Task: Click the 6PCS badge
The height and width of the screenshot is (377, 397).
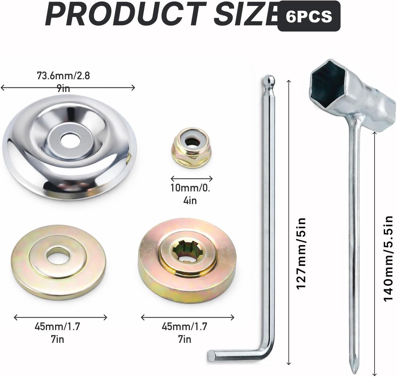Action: point(309,16)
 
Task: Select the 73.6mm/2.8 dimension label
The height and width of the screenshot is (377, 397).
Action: point(64,76)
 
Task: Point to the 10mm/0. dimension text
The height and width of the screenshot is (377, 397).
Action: point(191,188)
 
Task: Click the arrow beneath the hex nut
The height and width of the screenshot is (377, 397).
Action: point(192,178)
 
